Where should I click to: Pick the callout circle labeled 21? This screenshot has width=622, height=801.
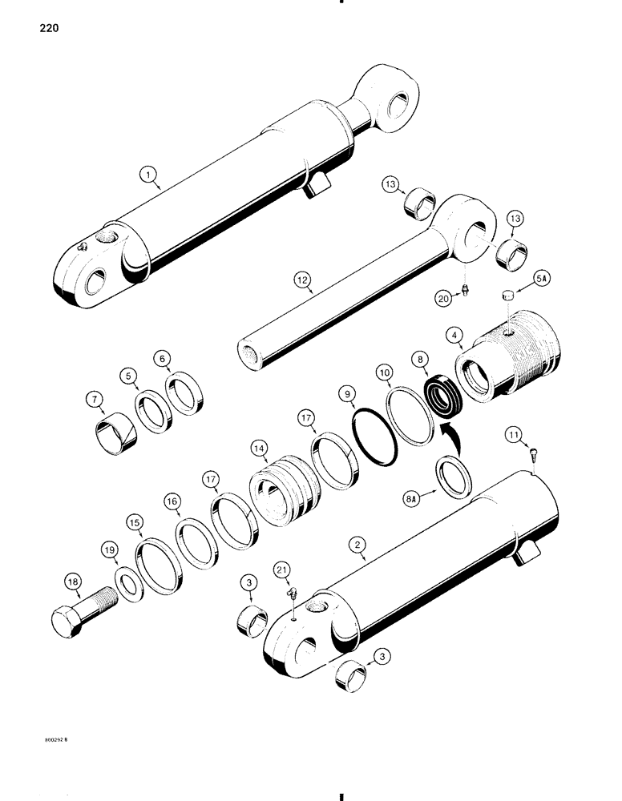(x=281, y=569)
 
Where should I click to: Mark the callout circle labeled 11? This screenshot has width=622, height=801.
(x=514, y=434)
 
